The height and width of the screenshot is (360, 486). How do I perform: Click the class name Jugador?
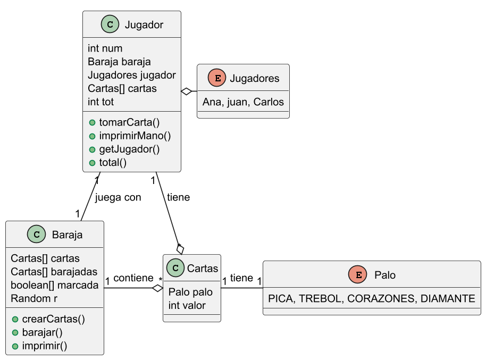(144, 24)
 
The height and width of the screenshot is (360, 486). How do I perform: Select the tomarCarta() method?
(129, 122)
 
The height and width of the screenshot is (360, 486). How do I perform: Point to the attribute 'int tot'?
(101, 102)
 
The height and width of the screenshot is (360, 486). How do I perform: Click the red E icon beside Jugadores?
(216, 78)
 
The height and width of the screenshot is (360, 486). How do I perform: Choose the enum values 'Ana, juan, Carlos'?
(243, 102)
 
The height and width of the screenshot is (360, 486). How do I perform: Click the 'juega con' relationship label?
(118, 197)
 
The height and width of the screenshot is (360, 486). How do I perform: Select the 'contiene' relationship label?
(133, 278)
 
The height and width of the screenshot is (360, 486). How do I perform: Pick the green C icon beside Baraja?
(36, 234)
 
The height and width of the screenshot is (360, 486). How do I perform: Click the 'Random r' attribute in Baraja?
(34, 298)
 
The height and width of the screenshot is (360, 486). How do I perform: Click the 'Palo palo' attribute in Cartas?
(190, 292)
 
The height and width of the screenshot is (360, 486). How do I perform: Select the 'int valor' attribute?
(187, 305)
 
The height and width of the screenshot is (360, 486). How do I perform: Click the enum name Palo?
(384, 275)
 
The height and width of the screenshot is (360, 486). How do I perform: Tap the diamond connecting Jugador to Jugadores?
(187, 91)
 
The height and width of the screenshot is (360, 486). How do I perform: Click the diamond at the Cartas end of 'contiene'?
(157, 288)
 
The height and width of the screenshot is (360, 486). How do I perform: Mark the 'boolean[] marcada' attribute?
(54, 285)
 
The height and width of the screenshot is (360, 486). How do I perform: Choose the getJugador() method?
(129, 149)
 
